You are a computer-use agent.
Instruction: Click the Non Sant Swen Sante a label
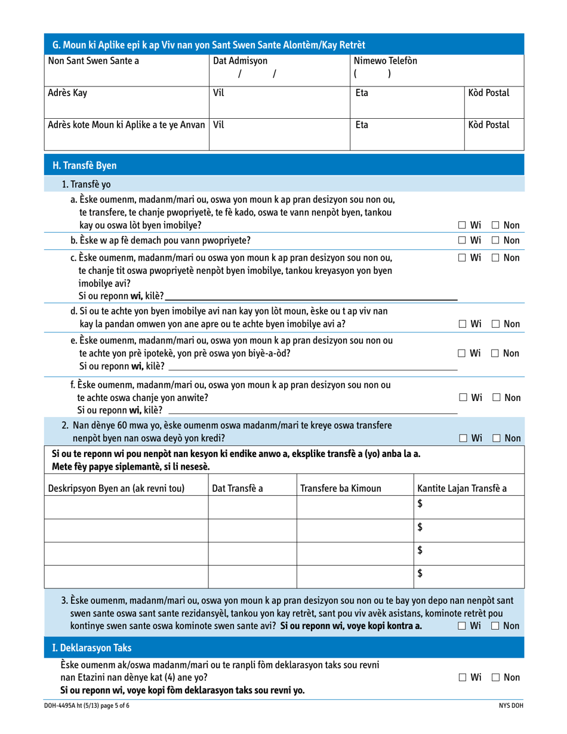click(x=93, y=60)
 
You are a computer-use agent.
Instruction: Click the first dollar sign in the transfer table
click(x=420, y=504)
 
